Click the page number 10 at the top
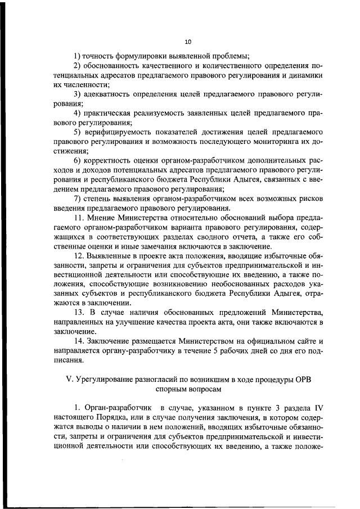click(x=188, y=42)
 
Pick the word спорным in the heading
click(x=167, y=389)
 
